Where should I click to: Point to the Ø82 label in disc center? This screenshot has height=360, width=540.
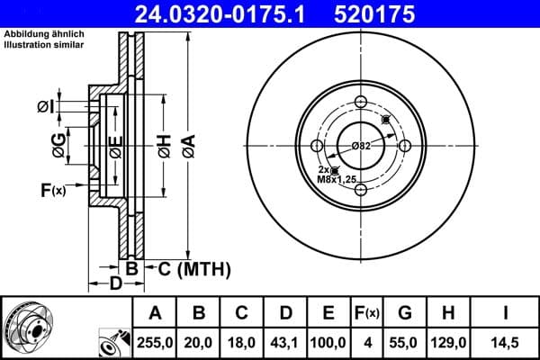(361, 145)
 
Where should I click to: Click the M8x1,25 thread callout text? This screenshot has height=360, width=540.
(337, 178)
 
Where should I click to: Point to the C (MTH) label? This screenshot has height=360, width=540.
(194, 268)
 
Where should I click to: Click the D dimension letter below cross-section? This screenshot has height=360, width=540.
(115, 284)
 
